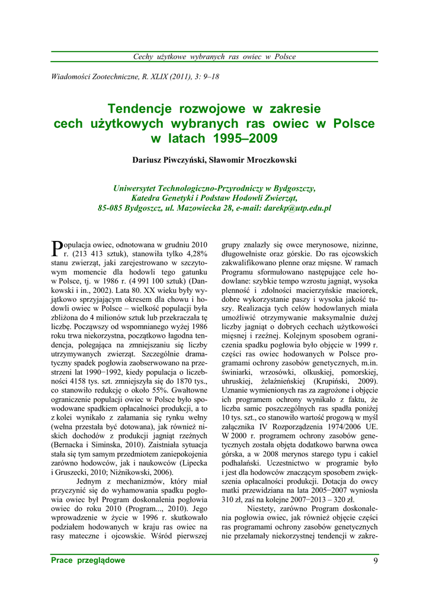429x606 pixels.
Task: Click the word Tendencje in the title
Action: (x=139, y=109)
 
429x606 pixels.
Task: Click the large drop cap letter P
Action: (x=57, y=248)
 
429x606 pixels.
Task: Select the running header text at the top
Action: (x=214, y=57)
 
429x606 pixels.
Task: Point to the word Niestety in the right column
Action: (x=262, y=508)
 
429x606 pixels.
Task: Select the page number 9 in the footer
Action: (x=375, y=561)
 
